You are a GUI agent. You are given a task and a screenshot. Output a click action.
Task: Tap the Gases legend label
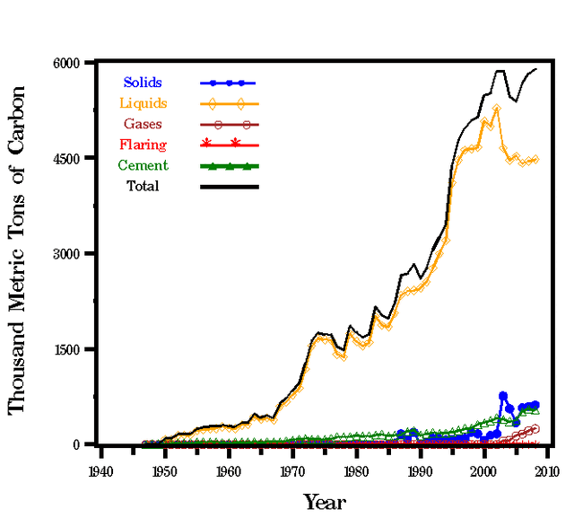143,124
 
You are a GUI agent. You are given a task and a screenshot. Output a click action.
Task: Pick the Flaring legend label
143,145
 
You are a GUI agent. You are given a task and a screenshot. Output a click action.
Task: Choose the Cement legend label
143,165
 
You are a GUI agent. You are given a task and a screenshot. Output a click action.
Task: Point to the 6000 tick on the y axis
68,63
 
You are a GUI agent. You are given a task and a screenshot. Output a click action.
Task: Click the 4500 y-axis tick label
68,159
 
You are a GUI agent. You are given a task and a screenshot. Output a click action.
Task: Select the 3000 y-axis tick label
68,254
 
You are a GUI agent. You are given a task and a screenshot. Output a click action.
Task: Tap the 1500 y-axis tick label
68,349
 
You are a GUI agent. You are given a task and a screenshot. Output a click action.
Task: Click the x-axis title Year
324,501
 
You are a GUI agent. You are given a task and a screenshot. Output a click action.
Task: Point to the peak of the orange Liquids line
496,108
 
